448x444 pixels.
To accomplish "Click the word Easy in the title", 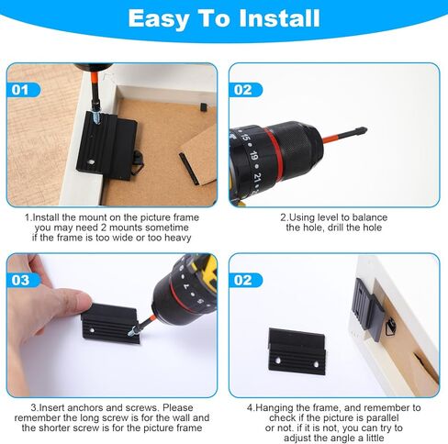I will click(x=162, y=18).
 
